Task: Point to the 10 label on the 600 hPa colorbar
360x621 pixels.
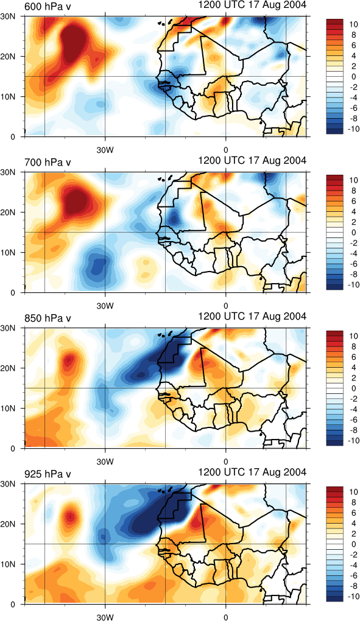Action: [353, 24]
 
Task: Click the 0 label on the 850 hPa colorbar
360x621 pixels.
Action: [354, 388]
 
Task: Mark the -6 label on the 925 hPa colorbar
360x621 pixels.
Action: [353, 575]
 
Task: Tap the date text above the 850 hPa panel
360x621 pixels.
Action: [252, 317]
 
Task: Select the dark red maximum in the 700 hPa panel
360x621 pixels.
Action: [76, 201]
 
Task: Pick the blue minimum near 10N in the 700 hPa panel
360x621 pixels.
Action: [97, 265]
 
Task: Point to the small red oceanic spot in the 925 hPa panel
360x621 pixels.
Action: [70, 517]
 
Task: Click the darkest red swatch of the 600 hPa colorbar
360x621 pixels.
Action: [333, 21]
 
